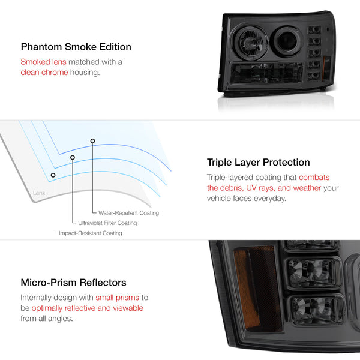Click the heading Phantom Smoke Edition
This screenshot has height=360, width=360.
76,47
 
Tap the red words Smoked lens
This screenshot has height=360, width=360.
43,62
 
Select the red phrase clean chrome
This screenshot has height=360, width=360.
44,73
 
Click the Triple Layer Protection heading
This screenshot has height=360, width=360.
258,163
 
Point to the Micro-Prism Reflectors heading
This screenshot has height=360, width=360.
73,283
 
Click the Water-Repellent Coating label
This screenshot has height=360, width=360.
128,213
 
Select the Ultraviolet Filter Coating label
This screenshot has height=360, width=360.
107,223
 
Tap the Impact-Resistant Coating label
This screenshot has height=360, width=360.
91,233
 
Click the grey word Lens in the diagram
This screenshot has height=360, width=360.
39,193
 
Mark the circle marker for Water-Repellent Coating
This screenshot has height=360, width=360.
92,141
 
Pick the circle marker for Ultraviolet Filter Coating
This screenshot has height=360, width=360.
73,157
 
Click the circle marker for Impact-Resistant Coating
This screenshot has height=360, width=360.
53,175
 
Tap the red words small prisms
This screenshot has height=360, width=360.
118,298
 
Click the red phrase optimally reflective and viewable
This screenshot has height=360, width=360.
88,308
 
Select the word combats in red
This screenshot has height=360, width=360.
314,178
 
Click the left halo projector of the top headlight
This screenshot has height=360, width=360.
250,43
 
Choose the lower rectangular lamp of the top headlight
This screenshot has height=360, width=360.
267,73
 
